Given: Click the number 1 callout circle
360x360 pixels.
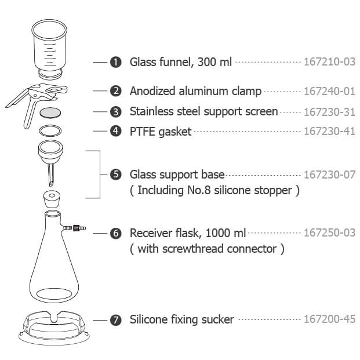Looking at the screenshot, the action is coord(116,62).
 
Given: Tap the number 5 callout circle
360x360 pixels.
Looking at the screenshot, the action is coord(116,174).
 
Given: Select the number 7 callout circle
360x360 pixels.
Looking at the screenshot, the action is coord(116,320).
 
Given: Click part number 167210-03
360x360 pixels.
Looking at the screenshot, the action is coord(330,62).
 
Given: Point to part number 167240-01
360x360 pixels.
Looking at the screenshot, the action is coord(330,91).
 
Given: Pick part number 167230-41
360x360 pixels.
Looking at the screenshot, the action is coord(330,132).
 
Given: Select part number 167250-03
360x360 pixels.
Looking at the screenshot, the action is coord(330,232).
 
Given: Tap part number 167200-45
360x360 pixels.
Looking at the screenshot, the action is coord(330,319).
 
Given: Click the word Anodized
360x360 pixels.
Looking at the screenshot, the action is coord(152,91).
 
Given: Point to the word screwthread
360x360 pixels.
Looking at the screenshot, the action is coord(193,249).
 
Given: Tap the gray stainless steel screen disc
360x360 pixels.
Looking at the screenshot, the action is coord(50,112).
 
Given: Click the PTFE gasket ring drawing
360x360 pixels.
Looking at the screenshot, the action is coord(50,126).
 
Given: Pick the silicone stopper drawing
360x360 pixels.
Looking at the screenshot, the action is coord(52,199).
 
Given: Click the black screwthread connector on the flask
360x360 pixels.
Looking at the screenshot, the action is coord(76,228).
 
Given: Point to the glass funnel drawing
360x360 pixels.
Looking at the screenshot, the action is coord(49,50).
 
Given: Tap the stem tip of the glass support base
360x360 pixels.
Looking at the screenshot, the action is coord(51,184).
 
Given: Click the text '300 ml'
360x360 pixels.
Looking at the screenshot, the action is coord(214,62).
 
